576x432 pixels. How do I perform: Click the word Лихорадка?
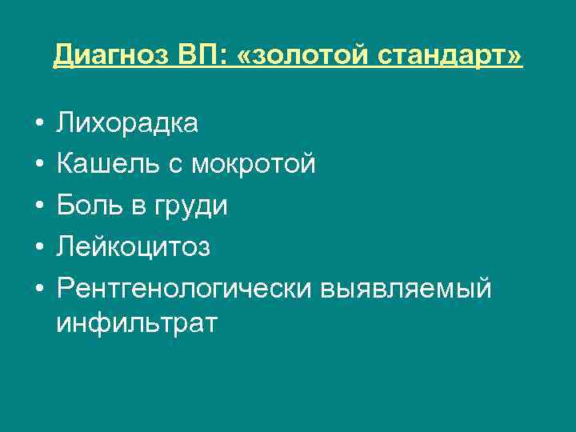tap(127, 124)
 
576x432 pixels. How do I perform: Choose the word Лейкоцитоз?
tap(134, 246)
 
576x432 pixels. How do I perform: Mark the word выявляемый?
tap(406, 287)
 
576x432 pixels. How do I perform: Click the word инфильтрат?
tap(137, 324)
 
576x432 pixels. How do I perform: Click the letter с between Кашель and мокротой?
tap(175, 166)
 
